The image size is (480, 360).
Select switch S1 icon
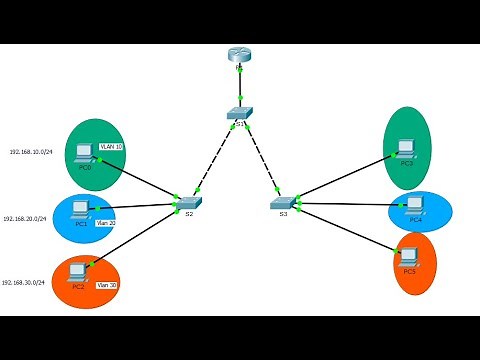pos(239,114)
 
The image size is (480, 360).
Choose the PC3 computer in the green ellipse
pos(405,148)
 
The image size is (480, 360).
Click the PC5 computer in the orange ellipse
pos(408,255)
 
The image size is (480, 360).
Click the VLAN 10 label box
pos(112,147)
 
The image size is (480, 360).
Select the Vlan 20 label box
pos(105,223)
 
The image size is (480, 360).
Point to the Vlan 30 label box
pos(107,285)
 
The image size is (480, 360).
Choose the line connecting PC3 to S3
pos(345,178)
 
